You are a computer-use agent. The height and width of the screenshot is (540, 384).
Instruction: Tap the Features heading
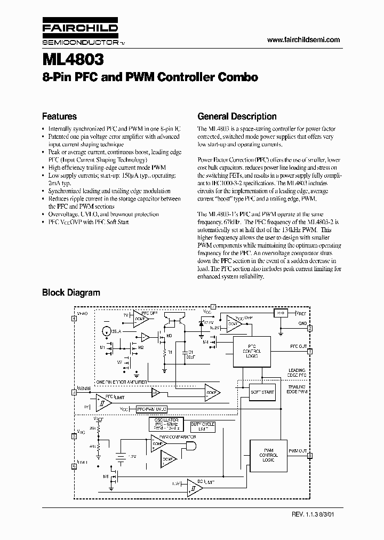pyautogui.click(x=59, y=116)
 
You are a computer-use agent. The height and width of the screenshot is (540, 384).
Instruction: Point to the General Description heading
pyautogui.click(x=237, y=116)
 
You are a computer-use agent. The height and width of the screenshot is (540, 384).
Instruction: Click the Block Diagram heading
pyautogui.click(x=71, y=292)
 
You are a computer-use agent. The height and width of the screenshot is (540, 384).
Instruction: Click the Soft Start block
pyautogui.click(x=262, y=392)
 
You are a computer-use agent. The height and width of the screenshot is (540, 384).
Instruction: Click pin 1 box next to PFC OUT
pyautogui.click(x=310, y=351)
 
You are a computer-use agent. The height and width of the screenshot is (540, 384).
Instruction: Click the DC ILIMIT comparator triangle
pyautogui.click(x=191, y=486)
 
